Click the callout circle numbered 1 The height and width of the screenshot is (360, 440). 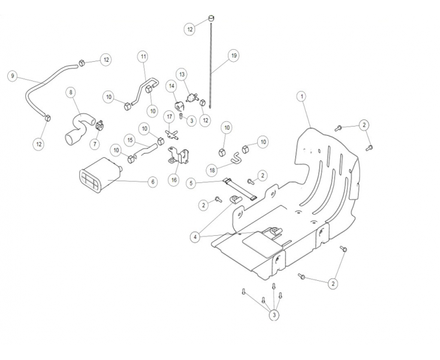(x=302, y=96)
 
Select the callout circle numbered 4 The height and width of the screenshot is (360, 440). (x=194, y=237)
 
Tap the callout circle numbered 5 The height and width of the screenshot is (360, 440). (x=191, y=182)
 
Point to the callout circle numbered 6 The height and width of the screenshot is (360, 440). (x=152, y=181)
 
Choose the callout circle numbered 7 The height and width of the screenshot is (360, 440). (x=94, y=144)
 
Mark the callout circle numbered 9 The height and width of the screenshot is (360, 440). (x=11, y=76)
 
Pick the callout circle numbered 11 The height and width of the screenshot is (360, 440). (x=143, y=56)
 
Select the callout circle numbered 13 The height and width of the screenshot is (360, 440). (x=182, y=73)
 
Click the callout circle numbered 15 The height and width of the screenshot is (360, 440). (x=129, y=139)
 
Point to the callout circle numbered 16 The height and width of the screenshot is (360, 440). (x=173, y=179)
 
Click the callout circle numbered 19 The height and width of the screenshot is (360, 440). (x=234, y=56)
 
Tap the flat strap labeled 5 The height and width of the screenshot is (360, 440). (x=241, y=188)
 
